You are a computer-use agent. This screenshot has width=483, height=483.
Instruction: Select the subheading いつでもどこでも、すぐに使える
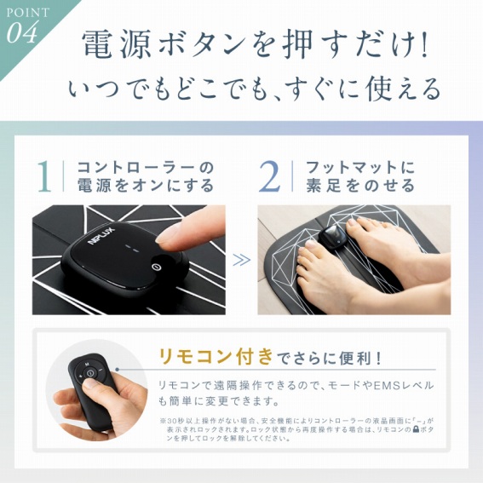[256, 88]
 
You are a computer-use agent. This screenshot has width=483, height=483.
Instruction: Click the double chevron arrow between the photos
[242, 259]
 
